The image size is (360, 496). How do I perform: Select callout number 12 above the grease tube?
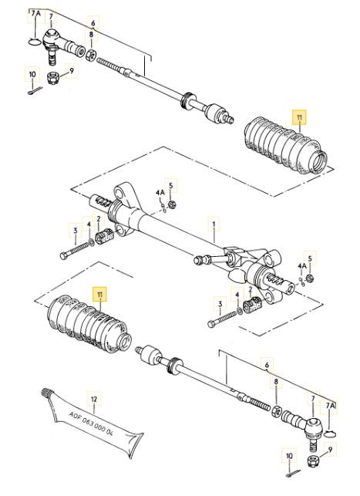coord(94,400)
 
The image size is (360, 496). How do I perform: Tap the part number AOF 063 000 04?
coord(91,424)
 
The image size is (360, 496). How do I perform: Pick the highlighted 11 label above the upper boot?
coord(299,118)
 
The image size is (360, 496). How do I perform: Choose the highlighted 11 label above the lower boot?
coord(100,295)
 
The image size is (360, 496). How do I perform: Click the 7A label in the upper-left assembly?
coord(35,14)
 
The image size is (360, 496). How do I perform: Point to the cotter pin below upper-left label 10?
coord(35,92)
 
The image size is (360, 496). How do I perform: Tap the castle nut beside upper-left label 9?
coord(52,78)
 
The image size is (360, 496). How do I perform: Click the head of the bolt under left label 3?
coord(63,255)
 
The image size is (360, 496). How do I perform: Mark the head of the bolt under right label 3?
coord(211,324)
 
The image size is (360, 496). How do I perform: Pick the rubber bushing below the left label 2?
coord(103,236)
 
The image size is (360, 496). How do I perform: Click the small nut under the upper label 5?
coord(172,204)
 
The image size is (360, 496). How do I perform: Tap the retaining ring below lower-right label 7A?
coord(330,434)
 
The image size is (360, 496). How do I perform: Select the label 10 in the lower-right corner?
coord(289,456)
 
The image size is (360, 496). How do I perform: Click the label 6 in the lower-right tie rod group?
coord(267,365)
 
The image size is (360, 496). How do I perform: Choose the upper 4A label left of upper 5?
coord(160,192)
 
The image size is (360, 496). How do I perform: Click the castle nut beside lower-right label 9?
coord(312,461)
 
